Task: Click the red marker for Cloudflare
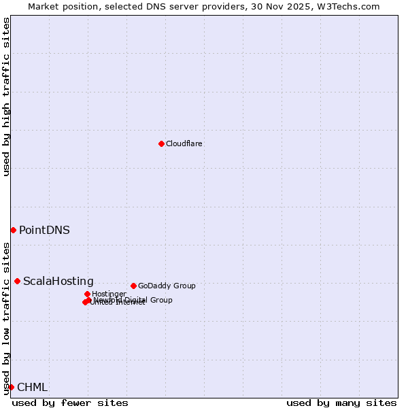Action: (x=161, y=143)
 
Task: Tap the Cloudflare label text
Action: (x=184, y=143)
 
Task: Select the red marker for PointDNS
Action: (x=13, y=230)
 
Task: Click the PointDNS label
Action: (x=44, y=230)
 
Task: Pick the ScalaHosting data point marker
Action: (x=17, y=281)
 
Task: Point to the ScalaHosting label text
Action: (x=58, y=282)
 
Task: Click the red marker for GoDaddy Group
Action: (x=133, y=286)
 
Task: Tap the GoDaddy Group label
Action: (x=167, y=286)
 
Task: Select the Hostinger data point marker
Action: (x=87, y=294)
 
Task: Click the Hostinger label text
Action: (x=109, y=294)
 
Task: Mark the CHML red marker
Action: (x=11, y=387)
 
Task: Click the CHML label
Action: (x=32, y=388)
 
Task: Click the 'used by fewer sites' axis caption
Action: (x=70, y=403)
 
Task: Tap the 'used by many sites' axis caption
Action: (x=341, y=403)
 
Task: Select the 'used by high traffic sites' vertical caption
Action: (x=7, y=97)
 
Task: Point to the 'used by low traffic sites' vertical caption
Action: (x=7, y=318)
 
